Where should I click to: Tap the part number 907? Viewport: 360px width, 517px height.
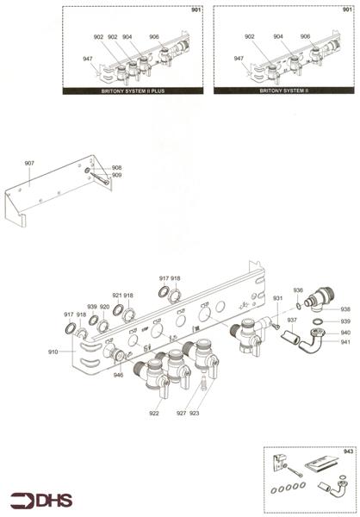29,162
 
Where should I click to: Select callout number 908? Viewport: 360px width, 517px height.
116,168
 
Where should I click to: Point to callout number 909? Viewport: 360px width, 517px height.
116,176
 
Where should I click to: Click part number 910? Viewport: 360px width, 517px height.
53,352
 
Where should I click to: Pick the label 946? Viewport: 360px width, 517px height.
118,376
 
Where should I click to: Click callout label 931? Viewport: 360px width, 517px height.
278,298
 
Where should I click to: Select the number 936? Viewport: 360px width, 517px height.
298,290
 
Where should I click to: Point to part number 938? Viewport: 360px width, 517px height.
345,309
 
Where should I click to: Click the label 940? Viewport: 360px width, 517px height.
344,333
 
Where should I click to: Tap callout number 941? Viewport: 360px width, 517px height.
344,342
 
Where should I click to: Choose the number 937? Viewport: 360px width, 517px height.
292,319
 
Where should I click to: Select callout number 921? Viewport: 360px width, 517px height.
117,296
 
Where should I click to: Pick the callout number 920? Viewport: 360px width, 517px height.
104,307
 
